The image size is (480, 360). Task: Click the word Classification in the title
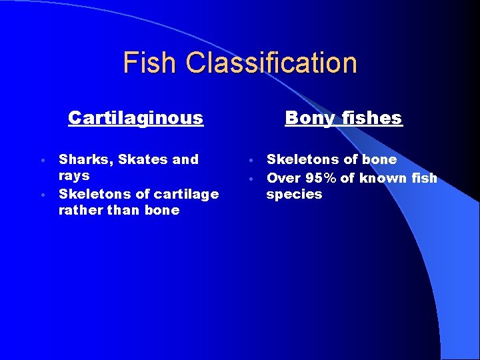click(271, 63)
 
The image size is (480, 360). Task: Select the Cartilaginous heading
click(135, 118)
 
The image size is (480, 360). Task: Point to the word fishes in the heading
click(371, 118)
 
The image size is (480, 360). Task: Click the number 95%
click(321, 178)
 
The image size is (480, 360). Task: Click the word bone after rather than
click(163, 211)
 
